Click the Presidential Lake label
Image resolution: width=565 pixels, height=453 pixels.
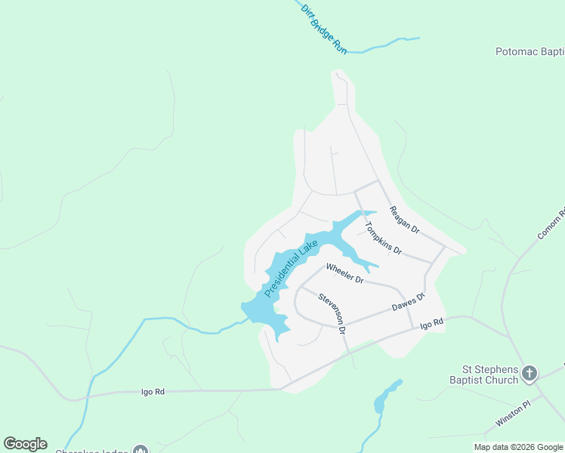(x=292, y=268)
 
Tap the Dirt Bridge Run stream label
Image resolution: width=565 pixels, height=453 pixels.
(x=323, y=28)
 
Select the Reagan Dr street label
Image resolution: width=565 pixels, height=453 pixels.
(x=404, y=219)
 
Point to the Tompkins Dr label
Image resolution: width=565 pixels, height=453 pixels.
(x=383, y=238)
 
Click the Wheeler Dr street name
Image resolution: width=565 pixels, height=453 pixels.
(x=345, y=273)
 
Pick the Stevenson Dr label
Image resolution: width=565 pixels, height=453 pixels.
(x=332, y=313)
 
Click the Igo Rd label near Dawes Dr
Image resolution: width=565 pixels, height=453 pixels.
(x=431, y=324)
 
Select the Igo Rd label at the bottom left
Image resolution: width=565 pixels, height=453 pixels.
(x=153, y=392)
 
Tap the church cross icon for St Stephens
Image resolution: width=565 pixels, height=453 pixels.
(x=530, y=373)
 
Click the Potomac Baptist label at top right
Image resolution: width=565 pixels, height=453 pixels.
(x=529, y=52)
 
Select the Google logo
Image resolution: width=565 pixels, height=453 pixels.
(x=25, y=444)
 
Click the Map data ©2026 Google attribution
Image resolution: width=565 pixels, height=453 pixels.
(x=518, y=447)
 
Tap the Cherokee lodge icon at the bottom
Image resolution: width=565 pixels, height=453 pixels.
(x=140, y=450)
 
